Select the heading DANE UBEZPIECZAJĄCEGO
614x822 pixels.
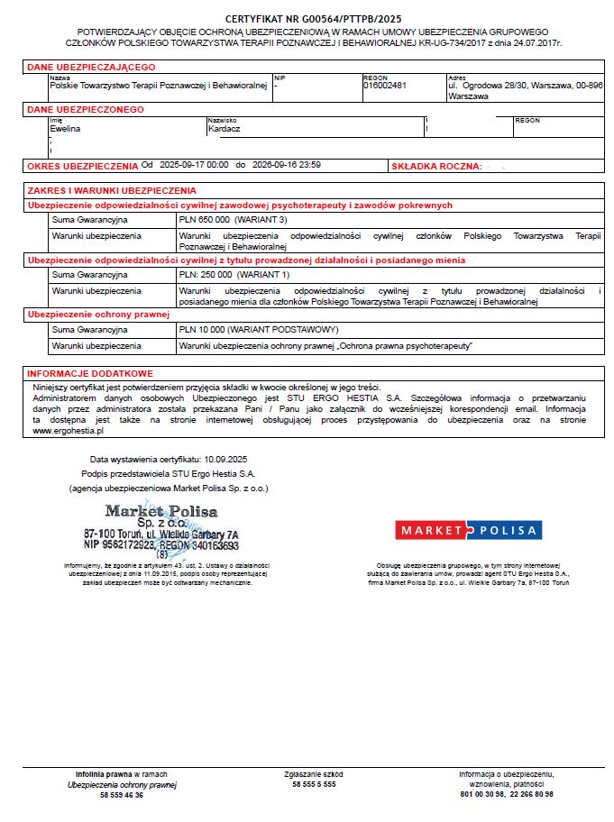(x=91, y=67)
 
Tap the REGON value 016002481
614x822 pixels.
(x=385, y=85)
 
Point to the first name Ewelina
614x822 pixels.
(x=65, y=128)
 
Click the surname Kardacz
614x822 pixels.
(x=225, y=128)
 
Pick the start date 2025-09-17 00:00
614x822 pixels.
(x=194, y=165)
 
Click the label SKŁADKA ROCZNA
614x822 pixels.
(x=434, y=167)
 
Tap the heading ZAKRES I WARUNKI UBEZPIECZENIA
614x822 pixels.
(x=112, y=191)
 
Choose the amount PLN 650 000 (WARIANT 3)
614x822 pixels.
(x=233, y=220)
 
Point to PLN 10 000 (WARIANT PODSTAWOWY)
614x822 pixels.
(x=258, y=330)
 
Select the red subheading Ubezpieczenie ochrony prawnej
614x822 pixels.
(x=99, y=315)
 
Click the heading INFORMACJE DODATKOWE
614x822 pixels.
(x=90, y=373)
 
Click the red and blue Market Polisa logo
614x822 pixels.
(x=468, y=530)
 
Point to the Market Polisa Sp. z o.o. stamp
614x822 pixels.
(x=161, y=529)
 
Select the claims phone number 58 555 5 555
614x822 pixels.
(x=314, y=784)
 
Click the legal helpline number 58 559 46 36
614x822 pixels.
(x=122, y=795)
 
